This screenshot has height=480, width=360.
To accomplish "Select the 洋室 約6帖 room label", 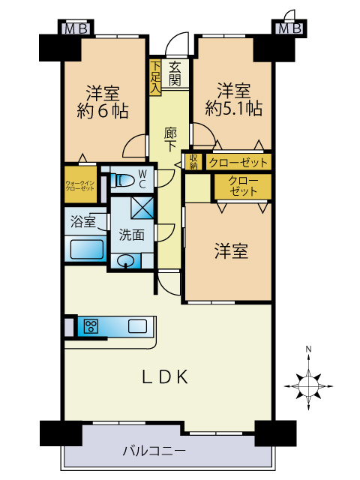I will click(x=103, y=102).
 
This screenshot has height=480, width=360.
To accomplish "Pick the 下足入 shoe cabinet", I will click(x=155, y=77).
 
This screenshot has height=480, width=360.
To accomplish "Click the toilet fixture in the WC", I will click(x=120, y=180).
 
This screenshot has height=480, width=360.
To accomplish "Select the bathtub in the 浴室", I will click(x=85, y=249).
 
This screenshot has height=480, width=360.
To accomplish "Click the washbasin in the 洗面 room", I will click(x=127, y=261).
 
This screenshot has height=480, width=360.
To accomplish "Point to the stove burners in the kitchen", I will click(x=91, y=326).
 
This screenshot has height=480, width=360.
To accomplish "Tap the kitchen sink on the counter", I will click(x=137, y=326).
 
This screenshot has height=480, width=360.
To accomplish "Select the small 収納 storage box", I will click(x=193, y=160).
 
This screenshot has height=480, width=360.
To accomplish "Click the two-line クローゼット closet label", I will click(x=243, y=187).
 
